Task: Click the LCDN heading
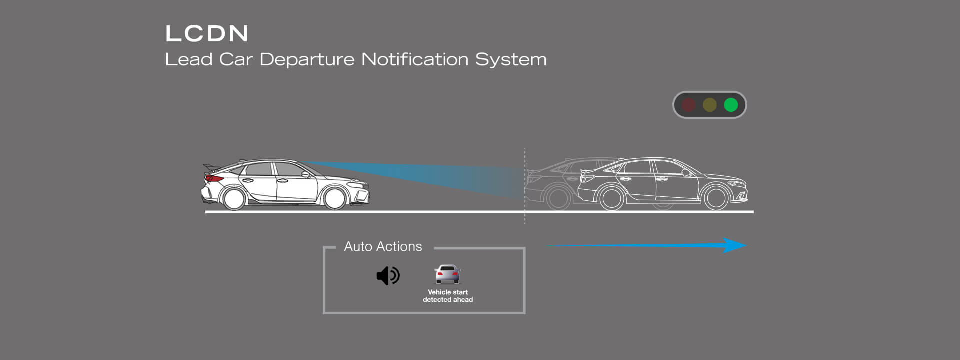click(x=207, y=33)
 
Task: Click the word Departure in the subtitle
click(x=307, y=59)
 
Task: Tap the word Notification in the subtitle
click(x=415, y=59)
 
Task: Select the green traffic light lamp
click(x=731, y=105)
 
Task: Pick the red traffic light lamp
click(x=689, y=105)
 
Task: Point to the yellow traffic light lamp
click(x=710, y=105)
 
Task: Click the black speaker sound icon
click(x=388, y=275)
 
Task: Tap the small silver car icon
click(x=447, y=274)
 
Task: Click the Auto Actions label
click(x=383, y=246)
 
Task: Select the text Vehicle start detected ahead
click(x=448, y=296)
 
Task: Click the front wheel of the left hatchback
click(x=335, y=197)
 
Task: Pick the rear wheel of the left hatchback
click(x=234, y=197)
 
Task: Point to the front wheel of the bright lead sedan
click(x=716, y=197)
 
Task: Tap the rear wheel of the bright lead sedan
click(x=611, y=197)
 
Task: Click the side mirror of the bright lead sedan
click(x=686, y=173)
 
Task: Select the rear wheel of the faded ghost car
click(x=558, y=197)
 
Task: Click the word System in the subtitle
click(x=511, y=60)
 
